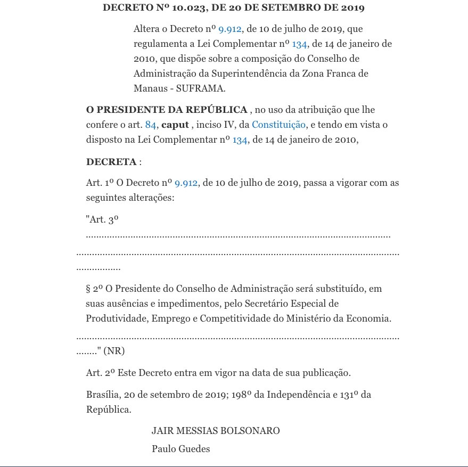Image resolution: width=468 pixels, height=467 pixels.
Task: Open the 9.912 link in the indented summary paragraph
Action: (230, 29)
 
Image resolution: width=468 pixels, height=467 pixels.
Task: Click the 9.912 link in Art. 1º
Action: (186, 183)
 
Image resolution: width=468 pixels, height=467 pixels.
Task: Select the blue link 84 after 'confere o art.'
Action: (151, 125)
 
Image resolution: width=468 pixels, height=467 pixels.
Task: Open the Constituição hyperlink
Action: (278, 125)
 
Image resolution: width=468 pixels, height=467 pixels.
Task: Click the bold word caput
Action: (175, 125)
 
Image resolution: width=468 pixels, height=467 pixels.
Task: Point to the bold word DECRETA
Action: (111, 162)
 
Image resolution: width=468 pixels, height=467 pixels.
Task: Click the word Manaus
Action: (149, 88)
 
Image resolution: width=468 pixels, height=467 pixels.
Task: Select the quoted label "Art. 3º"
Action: (102, 219)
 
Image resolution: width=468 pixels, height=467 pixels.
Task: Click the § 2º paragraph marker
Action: (94, 289)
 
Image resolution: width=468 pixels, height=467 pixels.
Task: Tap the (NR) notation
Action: (114, 351)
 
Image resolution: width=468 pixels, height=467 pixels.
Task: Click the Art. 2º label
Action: (101, 373)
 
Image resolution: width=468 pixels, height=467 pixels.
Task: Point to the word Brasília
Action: (103, 395)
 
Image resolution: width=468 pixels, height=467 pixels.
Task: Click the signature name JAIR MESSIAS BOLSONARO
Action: (216, 431)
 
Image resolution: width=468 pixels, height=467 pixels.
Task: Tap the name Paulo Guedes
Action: (181, 449)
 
